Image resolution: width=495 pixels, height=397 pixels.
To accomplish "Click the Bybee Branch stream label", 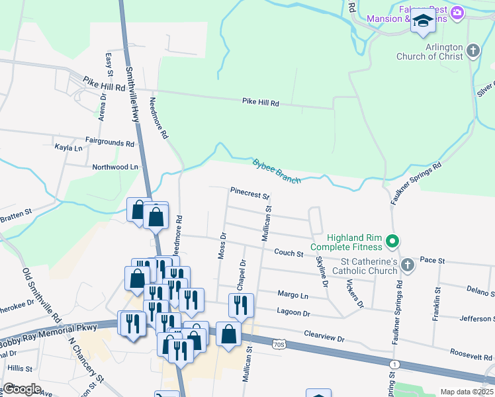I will pyautogui.click(x=277, y=171).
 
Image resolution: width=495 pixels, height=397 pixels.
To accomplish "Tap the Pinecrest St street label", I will pyautogui.click(x=249, y=193).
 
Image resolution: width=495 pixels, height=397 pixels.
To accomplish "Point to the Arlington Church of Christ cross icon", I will pyautogui.click(x=472, y=50).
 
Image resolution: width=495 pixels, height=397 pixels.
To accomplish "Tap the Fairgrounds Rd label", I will pyautogui.click(x=110, y=142).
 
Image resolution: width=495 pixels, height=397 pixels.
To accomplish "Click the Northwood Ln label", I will pyautogui.click(x=116, y=167).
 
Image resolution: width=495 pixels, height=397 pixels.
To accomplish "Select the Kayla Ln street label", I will pyautogui.click(x=69, y=148).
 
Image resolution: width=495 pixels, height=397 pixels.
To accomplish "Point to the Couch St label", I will pyautogui.click(x=289, y=253).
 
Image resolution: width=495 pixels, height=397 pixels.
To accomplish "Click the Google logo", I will pyautogui.click(x=22, y=389).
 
